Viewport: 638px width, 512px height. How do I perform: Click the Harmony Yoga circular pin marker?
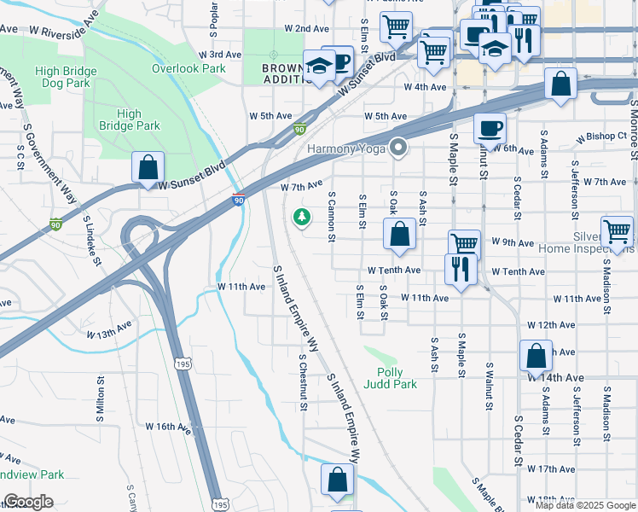coord(397,148)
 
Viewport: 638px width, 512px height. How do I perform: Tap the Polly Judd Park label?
coord(397,378)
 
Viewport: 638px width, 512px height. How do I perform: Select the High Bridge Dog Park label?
coord(61,78)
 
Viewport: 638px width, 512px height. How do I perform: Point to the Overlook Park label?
coord(188,68)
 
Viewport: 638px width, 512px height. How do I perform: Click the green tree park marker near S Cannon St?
coord(301,218)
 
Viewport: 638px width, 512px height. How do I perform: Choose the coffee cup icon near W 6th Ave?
coord(489,128)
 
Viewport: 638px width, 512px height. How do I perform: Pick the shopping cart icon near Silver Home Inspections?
coord(617,230)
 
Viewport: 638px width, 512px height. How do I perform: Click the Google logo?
coord(28,502)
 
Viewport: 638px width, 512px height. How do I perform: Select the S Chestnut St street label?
coord(303,382)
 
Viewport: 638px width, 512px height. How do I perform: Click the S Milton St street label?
coord(100,397)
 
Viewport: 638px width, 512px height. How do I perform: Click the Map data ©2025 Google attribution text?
coord(585,505)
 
